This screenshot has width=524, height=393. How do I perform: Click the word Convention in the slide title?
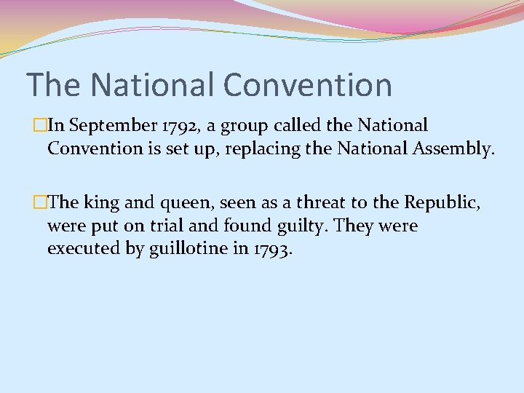(x=308, y=84)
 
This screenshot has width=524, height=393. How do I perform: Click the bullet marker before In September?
(x=40, y=126)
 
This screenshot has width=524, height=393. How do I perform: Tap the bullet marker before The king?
(x=40, y=202)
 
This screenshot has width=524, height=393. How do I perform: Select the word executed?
(x=82, y=250)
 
